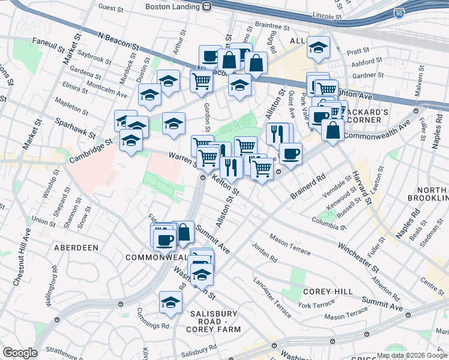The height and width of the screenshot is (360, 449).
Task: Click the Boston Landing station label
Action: (172, 7)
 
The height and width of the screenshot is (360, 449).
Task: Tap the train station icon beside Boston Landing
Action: (206, 7)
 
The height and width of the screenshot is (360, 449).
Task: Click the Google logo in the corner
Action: (20, 352)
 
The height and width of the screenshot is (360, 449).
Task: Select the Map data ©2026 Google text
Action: (412, 355)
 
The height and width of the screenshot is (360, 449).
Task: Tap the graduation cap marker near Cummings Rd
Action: (171, 302)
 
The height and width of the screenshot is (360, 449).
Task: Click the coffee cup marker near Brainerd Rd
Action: (291, 153)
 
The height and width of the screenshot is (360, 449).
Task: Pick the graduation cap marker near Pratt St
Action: (318, 47)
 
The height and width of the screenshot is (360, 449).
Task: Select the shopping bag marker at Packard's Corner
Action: (333, 129)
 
